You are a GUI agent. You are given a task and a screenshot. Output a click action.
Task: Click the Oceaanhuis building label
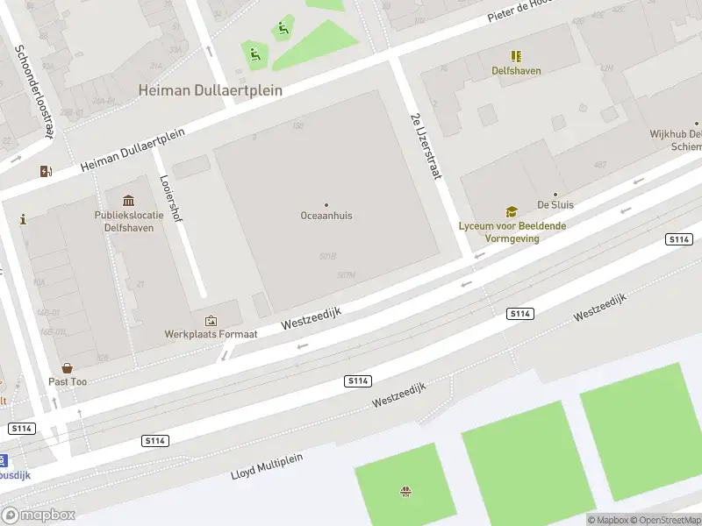(326, 215)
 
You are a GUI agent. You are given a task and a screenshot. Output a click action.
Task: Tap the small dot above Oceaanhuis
(326, 204)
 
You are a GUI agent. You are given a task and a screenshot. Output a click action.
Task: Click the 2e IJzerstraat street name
(425, 146)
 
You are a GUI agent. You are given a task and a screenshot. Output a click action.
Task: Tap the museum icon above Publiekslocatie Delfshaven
(129, 202)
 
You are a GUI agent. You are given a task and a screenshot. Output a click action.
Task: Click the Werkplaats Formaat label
(211, 334)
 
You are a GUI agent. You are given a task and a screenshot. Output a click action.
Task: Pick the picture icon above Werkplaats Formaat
(211, 322)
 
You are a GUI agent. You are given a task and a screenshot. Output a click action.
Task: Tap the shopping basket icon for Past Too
(68, 369)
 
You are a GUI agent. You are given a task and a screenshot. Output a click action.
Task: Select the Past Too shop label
(68, 382)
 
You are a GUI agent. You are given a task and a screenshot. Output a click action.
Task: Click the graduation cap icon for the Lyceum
(512, 212)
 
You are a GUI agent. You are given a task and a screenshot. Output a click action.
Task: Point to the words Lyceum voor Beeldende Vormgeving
(512, 231)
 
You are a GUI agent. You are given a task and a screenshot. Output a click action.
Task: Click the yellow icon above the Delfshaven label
(516, 56)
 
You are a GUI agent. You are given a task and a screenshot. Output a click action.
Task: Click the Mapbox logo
(39, 515)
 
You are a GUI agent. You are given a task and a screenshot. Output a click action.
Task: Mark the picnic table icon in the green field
(405, 491)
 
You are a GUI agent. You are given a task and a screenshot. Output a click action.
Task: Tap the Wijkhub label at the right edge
(675, 140)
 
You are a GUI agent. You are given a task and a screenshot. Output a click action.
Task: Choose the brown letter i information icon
(23, 219)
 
